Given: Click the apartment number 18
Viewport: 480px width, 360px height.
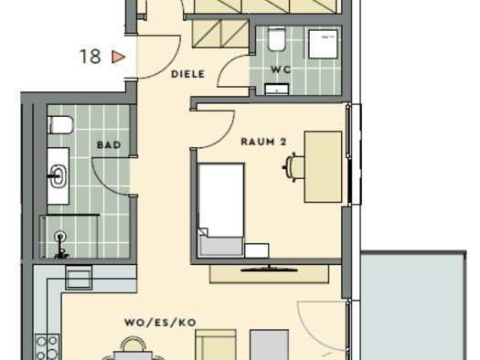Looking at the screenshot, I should [90, 57].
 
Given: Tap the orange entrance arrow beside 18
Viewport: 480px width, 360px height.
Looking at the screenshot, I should [116, 57].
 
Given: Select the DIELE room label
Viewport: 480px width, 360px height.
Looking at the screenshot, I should [187, 75].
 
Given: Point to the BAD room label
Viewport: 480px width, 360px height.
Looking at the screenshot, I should [109, 143].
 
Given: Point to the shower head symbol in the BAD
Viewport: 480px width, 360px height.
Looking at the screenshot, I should [61, 238].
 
